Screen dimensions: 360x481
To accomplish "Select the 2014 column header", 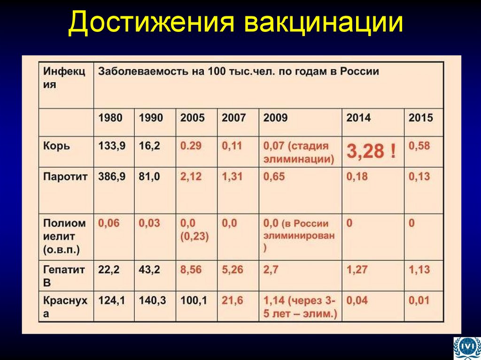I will (x=358, y=117).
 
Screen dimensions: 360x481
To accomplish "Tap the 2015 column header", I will (x=420, y=117).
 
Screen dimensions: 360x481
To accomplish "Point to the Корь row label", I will (x=56, y=146).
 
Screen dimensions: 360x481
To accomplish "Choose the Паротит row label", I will (x=65, y=177).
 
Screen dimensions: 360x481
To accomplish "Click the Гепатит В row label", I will (x=64, y=276).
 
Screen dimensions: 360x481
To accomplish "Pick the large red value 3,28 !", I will (x=371, y=151).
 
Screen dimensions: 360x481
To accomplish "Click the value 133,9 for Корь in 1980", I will (x=112, y=146).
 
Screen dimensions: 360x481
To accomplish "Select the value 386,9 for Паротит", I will (x=112, y=177).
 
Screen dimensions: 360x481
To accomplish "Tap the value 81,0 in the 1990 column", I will (x=149, y=177).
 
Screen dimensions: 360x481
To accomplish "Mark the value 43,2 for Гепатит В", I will (x=149, y=270).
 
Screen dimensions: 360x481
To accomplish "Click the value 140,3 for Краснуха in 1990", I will (x=151, y=300).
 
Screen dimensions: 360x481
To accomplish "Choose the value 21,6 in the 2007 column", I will (x=232, y=300).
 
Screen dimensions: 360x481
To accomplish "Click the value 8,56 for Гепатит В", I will (x=191, y=270).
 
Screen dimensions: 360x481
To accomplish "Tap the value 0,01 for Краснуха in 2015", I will (x=419, y=300).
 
